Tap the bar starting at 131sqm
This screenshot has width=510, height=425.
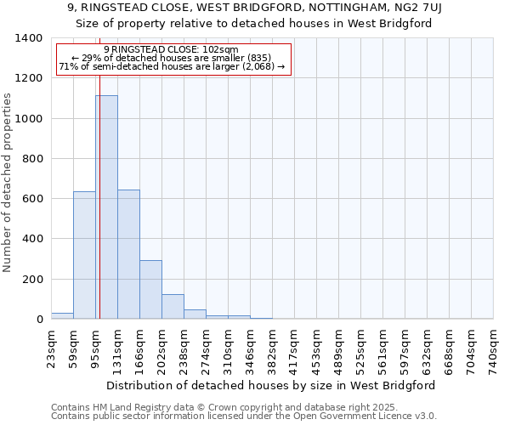[128, 254]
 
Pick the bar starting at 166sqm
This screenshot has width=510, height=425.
[150, 289]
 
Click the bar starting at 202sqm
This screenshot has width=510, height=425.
[173, 306]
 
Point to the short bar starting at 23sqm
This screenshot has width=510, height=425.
[62, 315]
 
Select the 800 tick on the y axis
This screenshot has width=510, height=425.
[32, 159]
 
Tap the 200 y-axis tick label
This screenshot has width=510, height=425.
[32, 280]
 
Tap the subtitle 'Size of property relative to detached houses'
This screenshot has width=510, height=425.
[254, 23]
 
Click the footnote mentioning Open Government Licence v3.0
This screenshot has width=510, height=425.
[244, 416]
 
